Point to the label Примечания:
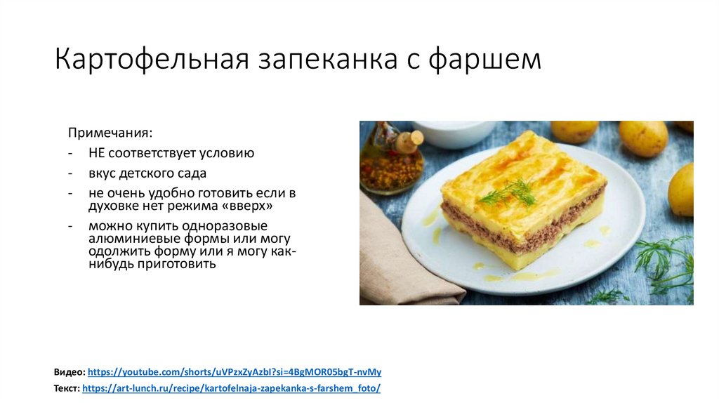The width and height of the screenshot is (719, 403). coord(110,133)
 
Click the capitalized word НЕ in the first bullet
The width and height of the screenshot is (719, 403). coord(96,152)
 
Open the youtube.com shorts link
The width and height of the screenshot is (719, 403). coord(235,372)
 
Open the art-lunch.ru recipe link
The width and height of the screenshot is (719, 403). coord(231,388)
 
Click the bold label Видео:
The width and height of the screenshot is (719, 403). coord(70,372)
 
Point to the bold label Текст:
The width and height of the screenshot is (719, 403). coord(67,388)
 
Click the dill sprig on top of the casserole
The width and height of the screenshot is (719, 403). coord(513,191)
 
